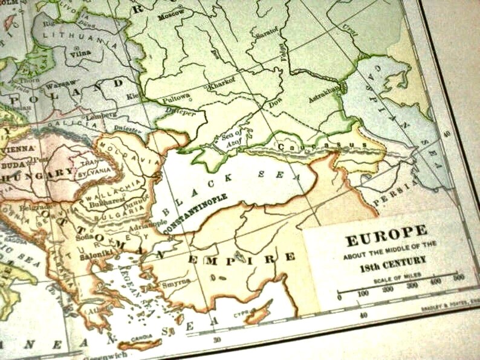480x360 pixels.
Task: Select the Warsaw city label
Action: (x=62, y=83)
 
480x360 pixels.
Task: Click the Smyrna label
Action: (x=175, y=281)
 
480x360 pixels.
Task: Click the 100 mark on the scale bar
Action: (x=362, y=293)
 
